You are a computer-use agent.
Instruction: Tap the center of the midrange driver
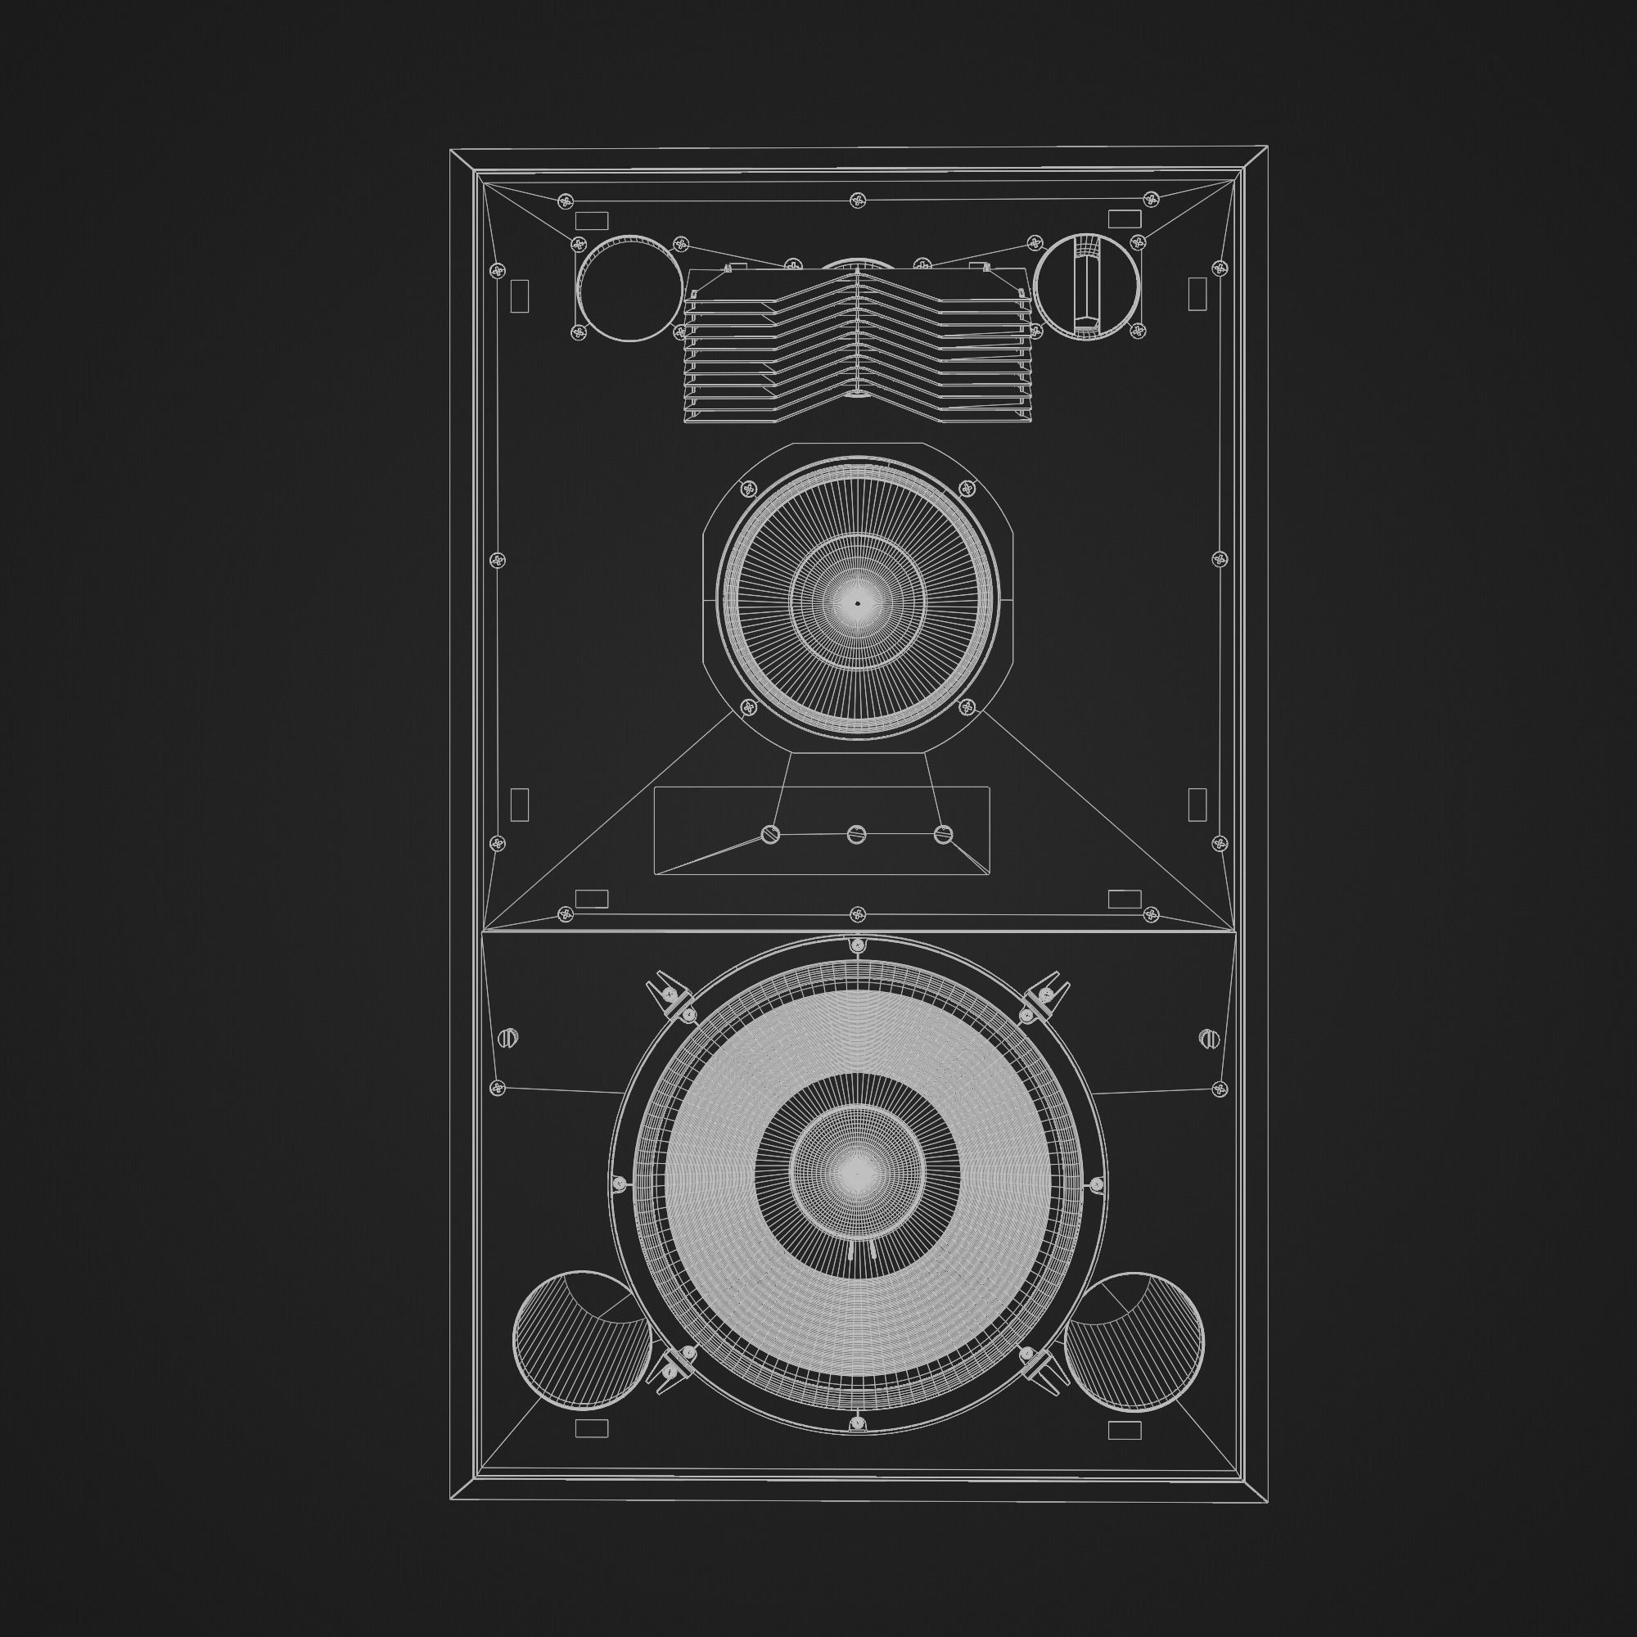[x=857, y=603]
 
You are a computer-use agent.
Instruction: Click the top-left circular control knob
[x=629, y=289]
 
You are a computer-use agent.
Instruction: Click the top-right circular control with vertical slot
[x=1087, y=287]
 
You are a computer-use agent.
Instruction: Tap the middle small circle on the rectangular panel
[x=857, y=835]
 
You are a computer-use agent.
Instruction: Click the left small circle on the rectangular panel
[x=771, y=835]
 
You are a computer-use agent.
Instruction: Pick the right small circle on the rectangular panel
[x=943, y=835]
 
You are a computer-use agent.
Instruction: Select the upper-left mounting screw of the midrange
[x=748, y=488]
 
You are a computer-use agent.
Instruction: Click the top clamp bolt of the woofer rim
[x=858, y=944]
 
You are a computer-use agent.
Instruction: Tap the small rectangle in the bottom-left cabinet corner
[x=592, y=1429]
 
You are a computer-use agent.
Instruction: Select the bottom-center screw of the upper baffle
[x=858, y=914]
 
